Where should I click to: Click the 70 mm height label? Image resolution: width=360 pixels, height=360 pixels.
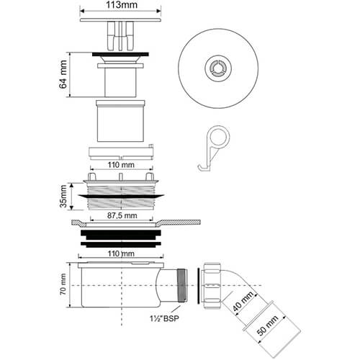point(63,289)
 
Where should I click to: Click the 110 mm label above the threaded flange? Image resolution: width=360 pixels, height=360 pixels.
point(120,166)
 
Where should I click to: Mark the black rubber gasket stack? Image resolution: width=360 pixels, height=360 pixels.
point(120,237)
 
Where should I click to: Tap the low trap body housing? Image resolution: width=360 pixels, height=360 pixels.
point(119,287)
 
